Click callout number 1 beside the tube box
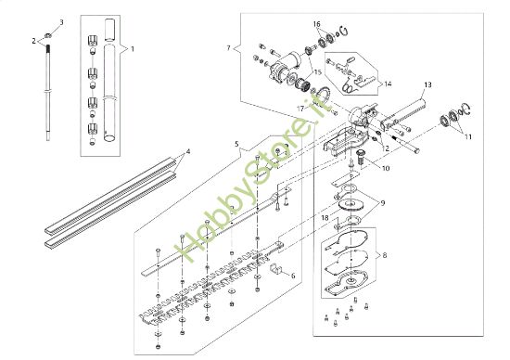pos(132,47)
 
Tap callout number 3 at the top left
pos(62,21)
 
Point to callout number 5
pos(237,144)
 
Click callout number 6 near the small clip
pos(294,276)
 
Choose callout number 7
pos(227,45)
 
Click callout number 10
pos(386,168)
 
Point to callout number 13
pos(427,84)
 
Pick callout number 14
pos(388,84)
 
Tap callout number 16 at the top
pos(316,23)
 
